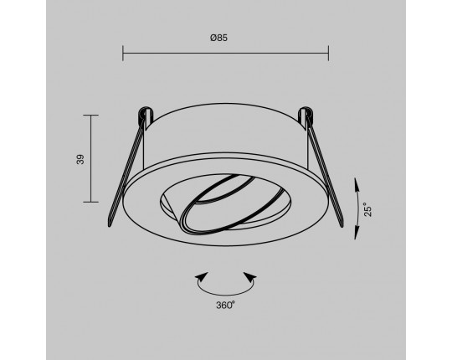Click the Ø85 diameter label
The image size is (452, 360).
pyautogui.click(x=218, y=38)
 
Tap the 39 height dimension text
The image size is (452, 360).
pyautogui.click(x=80, y=159)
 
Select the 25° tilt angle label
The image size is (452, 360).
pyautogui.click(x=367, y=209)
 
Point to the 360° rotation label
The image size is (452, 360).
pyautogui.click(x=226, y=305)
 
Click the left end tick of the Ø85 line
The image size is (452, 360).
pyautogui.click(x=123, y=53)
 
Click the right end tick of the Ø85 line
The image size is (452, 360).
pyautogui.click(x=328, y=53)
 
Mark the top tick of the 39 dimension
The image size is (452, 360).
pyautogui.click(x=90, y=115)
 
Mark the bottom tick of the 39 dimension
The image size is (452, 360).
pyautogui.click(x=90, y=202)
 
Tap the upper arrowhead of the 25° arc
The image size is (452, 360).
pyautogui.click(x=357, y=183)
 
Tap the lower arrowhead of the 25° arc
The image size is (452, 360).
pyautogui.click(x=357, y=234)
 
